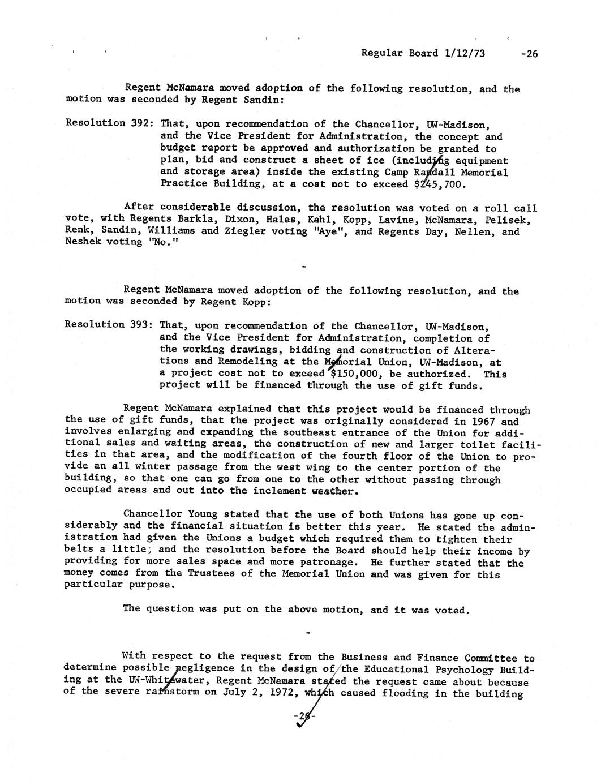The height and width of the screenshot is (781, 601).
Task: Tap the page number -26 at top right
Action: pyautogui.click(x=529, y=54)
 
